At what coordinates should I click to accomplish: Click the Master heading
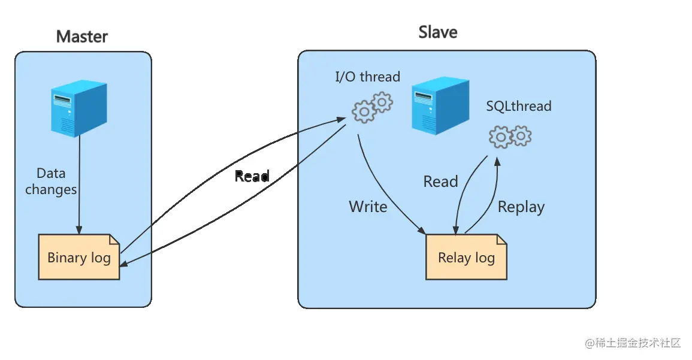(x=82, y=37)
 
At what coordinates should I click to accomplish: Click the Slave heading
(x=438, y=32)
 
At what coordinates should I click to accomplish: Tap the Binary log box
(x=79, y=257)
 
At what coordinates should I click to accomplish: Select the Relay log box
(x=466, y=257)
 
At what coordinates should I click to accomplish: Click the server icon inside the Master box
(x=79, y=108)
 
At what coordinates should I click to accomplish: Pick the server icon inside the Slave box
(x=440, y=105)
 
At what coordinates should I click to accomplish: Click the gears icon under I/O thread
(x=372, y=107)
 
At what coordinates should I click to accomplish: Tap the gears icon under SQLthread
(x=510, y=137)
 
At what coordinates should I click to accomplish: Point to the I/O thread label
(x=368, y=77)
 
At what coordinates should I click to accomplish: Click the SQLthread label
(x=519, y=107)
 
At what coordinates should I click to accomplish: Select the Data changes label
(x=51, y=181)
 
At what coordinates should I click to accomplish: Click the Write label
(x=368, y=207)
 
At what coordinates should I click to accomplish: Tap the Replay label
(x=521, y=207)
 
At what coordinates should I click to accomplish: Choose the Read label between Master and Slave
(x=252, y=177)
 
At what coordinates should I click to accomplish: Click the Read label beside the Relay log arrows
(x=440, y=181)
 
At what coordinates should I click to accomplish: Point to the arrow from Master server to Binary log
(x=80, y=185)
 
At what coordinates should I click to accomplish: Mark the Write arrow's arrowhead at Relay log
(x=422, y=231)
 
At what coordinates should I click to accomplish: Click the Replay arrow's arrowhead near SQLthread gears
(x=497, y=161)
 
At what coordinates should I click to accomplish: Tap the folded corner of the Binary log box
(x=114, y=239)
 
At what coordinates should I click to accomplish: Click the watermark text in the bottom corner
(x=633, y=343)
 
